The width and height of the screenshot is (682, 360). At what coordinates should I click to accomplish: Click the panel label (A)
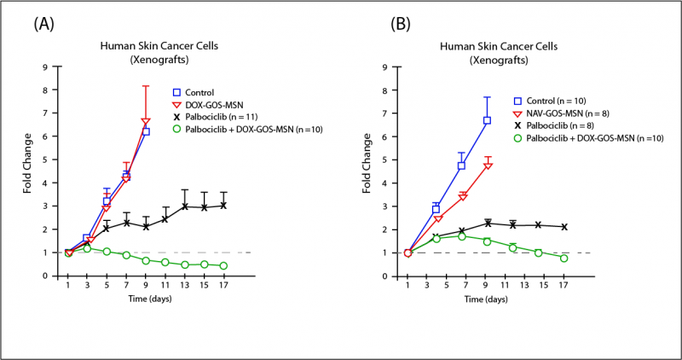tap(45, 24)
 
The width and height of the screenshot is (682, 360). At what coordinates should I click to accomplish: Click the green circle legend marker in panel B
tap(517, 137)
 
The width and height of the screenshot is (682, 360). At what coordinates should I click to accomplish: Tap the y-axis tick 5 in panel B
tap(389, 160)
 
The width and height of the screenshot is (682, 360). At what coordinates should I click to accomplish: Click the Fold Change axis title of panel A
tap(28, 171)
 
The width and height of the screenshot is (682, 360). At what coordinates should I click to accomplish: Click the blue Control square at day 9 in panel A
tap(147, 131)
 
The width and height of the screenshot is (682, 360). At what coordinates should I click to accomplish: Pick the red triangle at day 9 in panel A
tap(146, 122)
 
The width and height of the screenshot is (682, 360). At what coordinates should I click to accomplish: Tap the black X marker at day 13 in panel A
tap(185, 206)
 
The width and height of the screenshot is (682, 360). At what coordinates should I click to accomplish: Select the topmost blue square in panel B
tap(487, 120)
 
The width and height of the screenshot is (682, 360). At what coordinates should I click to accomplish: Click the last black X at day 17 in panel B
tap(564, 226)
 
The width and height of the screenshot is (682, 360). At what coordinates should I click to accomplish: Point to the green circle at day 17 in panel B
tap(564, 258)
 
